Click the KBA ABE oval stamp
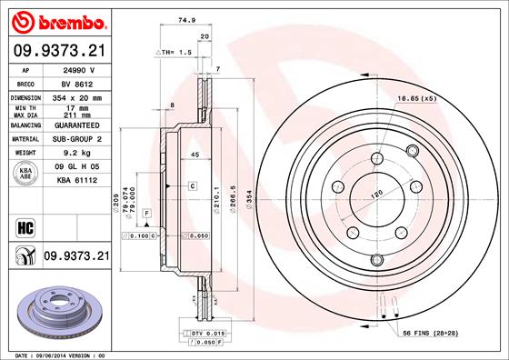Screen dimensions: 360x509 coord(26,175)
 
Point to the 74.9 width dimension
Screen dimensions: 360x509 coord(187,18)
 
